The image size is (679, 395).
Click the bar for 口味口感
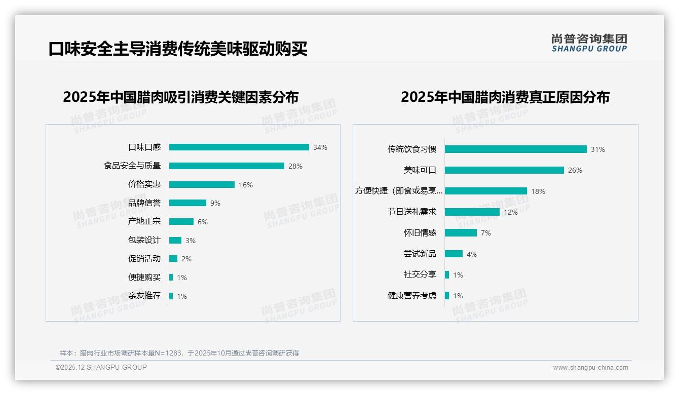click(x=239, y=147)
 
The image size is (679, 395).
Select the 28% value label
click(x=295, y=166)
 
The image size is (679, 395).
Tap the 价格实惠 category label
click(x=144, y=184)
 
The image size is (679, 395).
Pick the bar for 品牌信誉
click(x=187, y=203)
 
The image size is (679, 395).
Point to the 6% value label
click(x=203, y=222)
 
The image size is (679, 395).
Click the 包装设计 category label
click(x=144, y=240)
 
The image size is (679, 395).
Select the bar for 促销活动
click(x=173, y=259)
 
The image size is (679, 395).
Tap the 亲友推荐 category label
click(x=144, y=296)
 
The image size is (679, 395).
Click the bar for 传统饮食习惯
click(x=515, y=149)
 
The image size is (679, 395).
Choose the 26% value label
click(x=575, y=170)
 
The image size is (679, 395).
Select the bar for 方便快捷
click(x=485, y=191)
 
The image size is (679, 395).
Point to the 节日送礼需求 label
click(x=411, y=212)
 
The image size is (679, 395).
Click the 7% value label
click(x=485, y=233)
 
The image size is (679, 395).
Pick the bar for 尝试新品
click(x=454, y=254)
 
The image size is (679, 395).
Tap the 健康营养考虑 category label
click(x=411, y=296)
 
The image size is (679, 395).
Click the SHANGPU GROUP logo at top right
click(x=589, y=43)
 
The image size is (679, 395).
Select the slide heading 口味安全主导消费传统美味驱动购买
click(x=178, y=49)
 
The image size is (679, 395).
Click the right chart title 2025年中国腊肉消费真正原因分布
click(x=505, y=97)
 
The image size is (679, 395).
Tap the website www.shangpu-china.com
click(x=590, y=368)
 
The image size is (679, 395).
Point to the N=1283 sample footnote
click(x=179, y=353)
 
